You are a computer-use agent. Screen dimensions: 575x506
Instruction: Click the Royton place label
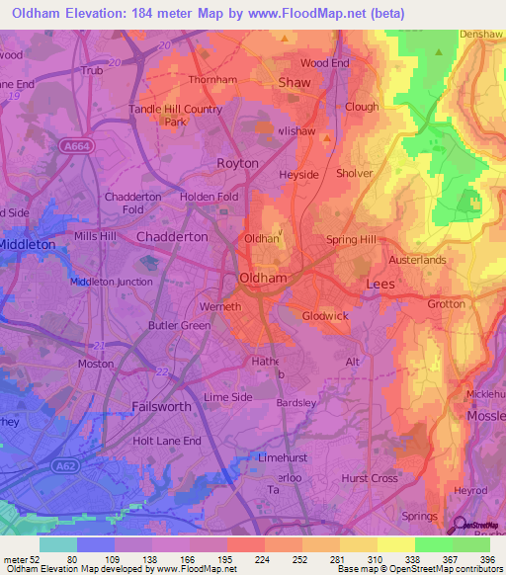[x=237, y=163]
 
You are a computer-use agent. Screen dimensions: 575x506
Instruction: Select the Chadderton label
[x=172, y=237]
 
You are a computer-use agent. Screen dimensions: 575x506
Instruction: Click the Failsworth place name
[x=164, y=407]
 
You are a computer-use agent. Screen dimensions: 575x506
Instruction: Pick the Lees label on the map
[x=379, y=284]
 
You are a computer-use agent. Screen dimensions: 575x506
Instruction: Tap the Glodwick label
[x=326, y=316]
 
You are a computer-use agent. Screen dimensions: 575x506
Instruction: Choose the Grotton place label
[x=446, y=304]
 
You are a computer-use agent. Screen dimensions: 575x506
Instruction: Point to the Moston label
[x=96, y=364]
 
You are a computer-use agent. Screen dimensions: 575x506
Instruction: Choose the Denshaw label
[x=481, y=34]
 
